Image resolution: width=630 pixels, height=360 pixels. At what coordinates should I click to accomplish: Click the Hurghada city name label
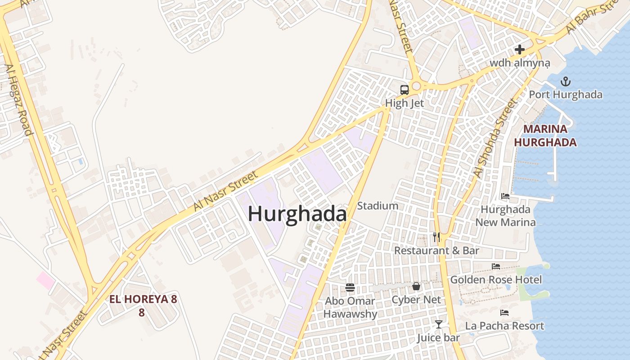click(x=297, y=214)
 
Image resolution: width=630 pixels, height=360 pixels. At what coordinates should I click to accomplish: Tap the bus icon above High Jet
click(x=405, y=90)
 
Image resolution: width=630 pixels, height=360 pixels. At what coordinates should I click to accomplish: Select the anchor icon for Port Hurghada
click(x=566, y=81)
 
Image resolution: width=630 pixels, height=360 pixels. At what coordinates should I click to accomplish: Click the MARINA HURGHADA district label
click(x=545, y=136)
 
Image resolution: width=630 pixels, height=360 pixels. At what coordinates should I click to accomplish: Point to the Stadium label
click(x=378, y=206)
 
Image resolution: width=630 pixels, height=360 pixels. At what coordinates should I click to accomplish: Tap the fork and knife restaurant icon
click(x=436, y=237)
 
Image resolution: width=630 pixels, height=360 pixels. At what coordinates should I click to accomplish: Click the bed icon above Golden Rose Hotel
click(x=496, y=266)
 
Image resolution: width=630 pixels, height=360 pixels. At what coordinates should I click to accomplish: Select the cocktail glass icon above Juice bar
click(x=438, y=324)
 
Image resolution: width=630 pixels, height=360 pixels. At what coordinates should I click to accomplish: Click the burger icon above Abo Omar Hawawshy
click(x=350, y=287)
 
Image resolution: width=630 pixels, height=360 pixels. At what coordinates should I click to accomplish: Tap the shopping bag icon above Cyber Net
click(x=416, y=286)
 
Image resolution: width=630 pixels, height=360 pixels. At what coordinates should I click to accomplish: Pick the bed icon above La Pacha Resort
click(x=504, y=312)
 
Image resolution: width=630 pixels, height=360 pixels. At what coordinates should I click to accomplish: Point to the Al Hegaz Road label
click(x=18, y=99)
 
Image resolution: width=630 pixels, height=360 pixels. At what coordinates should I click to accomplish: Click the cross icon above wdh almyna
click(x=520, y=49)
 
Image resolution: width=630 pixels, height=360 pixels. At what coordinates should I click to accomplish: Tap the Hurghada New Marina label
click(x=505, y=216)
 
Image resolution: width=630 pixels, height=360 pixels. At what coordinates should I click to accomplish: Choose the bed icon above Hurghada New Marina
click(x=505, y=196)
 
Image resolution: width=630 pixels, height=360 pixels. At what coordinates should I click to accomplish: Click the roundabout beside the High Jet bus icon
click(x=416, y=86)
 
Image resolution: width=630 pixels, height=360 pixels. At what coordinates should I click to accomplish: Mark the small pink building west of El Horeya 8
click(x=45, y=280)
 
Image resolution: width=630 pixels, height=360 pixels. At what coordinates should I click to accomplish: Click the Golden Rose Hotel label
click(x=496, y=279)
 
